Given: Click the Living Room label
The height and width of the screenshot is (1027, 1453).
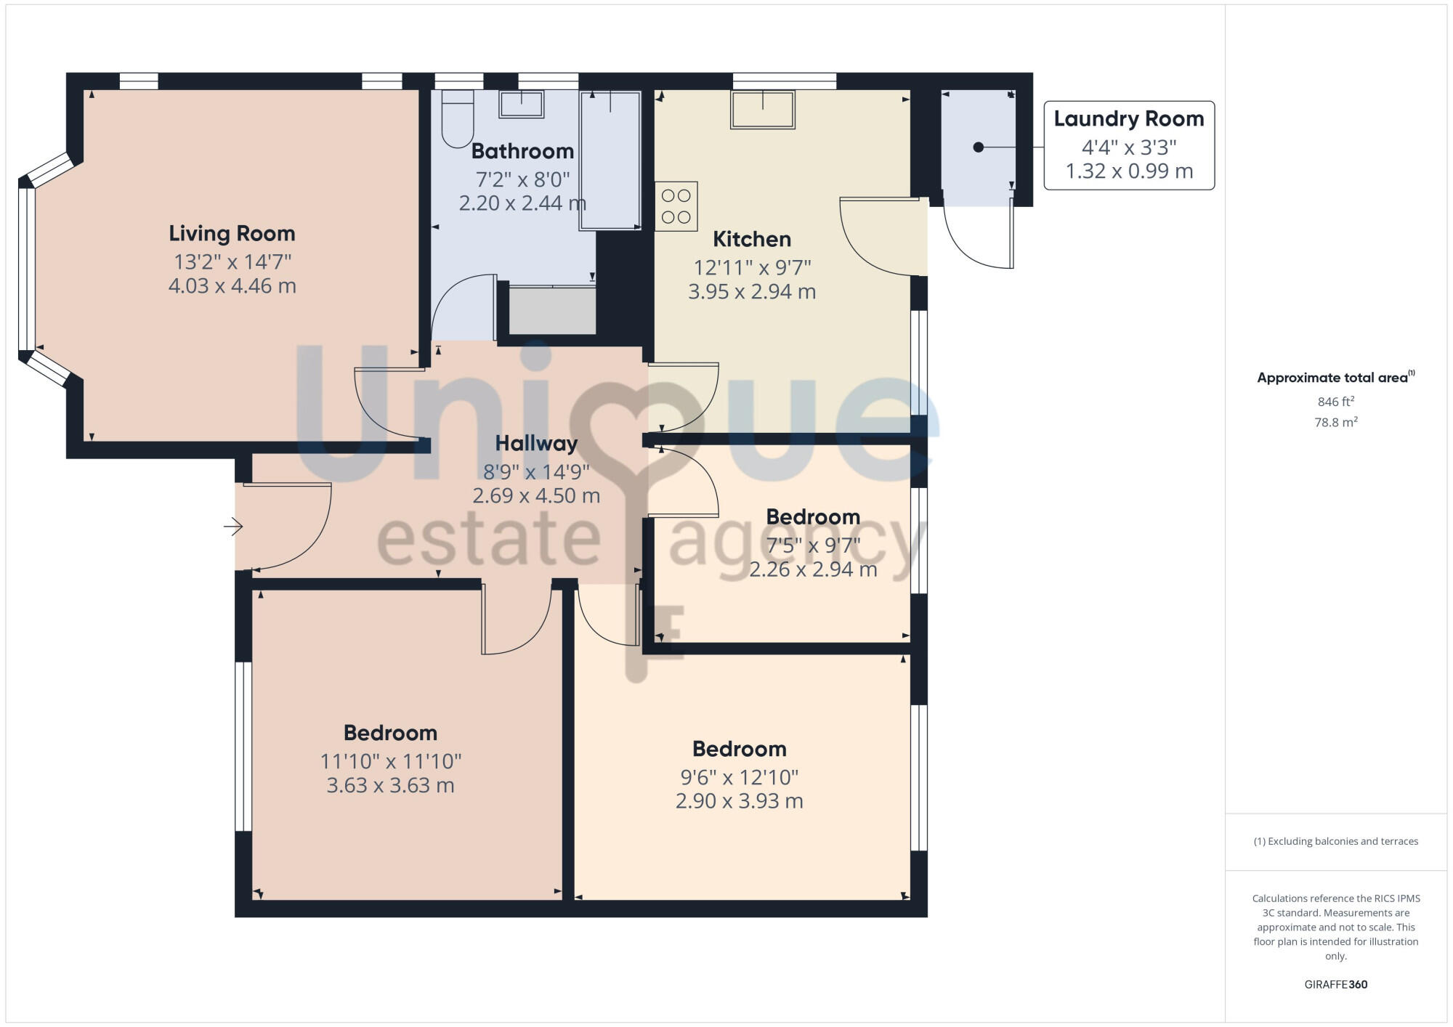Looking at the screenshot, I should point(232,233).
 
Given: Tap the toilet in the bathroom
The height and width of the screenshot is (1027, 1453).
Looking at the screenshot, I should point(457,120).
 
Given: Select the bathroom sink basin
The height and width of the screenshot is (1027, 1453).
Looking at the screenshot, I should point(521,104).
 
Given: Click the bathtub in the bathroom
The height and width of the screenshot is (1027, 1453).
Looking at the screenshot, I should point(610,161).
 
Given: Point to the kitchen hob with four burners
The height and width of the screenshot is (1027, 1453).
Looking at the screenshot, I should point(676,206).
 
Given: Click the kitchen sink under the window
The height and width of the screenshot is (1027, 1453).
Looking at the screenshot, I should point(762,110).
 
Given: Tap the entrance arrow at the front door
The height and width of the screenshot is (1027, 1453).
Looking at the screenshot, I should point(232,526).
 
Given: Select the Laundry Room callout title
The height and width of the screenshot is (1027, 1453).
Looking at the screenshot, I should point(1128,119).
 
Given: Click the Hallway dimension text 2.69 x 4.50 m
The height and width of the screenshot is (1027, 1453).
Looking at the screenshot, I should point(536,496).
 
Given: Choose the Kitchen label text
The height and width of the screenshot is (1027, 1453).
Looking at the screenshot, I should point(751,239).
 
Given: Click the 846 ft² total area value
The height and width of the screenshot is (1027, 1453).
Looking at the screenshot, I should point(1335,402).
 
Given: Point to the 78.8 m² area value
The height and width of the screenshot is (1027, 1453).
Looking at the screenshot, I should point(1335,422).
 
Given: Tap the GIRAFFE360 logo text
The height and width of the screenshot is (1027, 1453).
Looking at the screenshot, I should point(1335,985).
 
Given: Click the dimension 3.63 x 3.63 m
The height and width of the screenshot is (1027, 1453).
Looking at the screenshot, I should point(390,786).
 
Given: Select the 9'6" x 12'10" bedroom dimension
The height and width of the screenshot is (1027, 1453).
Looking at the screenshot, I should point(739,777).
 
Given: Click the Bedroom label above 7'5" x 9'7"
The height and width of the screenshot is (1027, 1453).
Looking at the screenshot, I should point(813,517).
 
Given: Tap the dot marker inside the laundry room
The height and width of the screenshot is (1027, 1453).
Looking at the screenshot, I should point(978,147).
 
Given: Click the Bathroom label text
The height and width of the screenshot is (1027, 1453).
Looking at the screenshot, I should point(522,151).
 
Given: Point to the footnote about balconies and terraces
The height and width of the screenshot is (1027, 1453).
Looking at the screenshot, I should point(1335,841).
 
